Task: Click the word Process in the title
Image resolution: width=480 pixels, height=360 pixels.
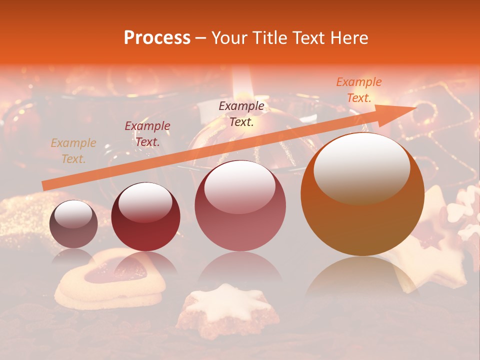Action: pyautogui.click(x=157, y=38)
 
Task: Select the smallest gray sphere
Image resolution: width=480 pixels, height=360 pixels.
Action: pyautogui.click(x=73, y=224)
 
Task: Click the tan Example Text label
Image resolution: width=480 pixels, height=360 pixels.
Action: pyautogui.click(x=73, y=151)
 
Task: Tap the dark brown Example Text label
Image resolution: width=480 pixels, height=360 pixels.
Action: pyautogui.click(x=241, y=113)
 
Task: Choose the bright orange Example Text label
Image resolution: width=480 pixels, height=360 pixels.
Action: pyautogui.click(x=358, y=90)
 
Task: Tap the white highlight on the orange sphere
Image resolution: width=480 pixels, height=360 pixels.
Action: pyautogui.click(x=361, y=167)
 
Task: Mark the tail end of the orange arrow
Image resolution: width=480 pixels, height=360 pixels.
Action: pyautogui.click(x=45, y=185)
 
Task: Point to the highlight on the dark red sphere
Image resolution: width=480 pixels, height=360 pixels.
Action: pyautogui.click(x=145, y=202)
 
